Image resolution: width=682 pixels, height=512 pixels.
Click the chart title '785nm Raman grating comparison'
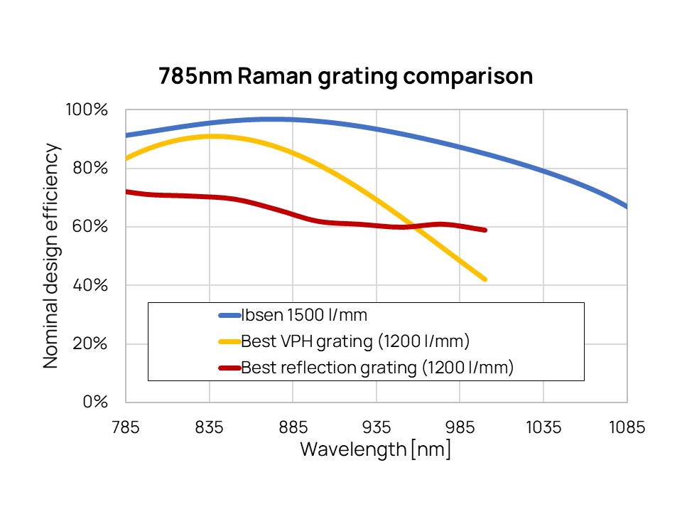[x=345, y=76]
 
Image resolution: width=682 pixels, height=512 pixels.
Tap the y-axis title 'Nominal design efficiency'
[x=50, y=255]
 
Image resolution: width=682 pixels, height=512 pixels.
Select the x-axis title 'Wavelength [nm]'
[x=375, y=450]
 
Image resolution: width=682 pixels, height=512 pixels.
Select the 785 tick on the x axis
[x=126, y=427]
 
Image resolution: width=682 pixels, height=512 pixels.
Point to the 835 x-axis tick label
[x=210, y=427]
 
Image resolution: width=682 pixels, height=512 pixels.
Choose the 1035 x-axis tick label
[x=543, y=427]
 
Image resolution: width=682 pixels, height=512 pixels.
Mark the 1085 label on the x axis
[x=627, y=427]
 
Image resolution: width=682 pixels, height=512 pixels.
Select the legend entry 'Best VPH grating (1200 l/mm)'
[x=355, y=341]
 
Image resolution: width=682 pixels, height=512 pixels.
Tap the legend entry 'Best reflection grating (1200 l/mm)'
[x=377, y=368]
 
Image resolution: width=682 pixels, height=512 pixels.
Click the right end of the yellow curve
[x=485, y=279]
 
